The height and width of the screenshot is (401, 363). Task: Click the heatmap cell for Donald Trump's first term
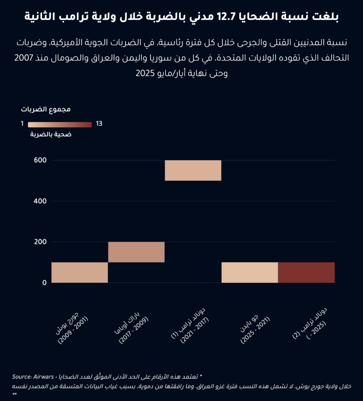[x=193, y=170]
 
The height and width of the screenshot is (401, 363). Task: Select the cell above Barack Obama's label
[x=136, y=252]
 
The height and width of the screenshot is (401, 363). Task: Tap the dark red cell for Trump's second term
[x=307, y=273]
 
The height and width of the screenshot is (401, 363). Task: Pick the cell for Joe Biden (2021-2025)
[x=250, y=273]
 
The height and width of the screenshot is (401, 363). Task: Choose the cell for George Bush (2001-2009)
[x=80, y=273]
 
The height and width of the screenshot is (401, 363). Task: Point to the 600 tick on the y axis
[x=40, y=160]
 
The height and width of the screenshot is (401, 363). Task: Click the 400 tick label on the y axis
[x=40, y=201]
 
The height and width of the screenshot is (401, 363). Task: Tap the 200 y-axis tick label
[x=40, y=242]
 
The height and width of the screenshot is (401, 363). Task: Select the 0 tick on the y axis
[x=45, y=283]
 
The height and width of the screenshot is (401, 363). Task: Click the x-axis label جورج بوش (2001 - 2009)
[x=72, y=328]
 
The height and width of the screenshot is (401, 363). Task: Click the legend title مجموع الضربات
[x=45, y=110]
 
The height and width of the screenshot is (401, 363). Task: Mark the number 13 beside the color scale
[x=99, y=124]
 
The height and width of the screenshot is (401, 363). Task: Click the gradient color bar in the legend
[x=60, y=125]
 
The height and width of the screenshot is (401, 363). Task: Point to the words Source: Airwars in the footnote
[x=33, y=377]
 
